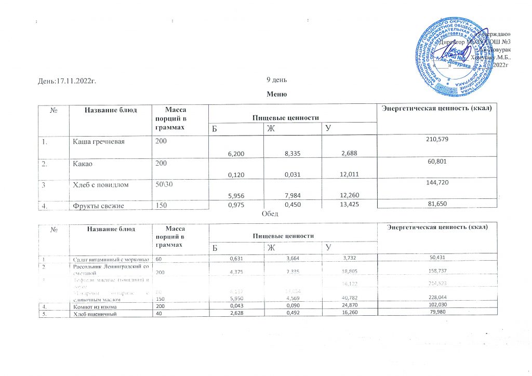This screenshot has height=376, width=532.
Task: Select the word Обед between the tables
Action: tap(270, 214)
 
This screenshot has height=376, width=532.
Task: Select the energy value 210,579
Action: tap(436, 141)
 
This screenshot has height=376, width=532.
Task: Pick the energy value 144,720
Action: tap(436, 184)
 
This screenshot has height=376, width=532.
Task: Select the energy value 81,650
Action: tap(436, 206)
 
